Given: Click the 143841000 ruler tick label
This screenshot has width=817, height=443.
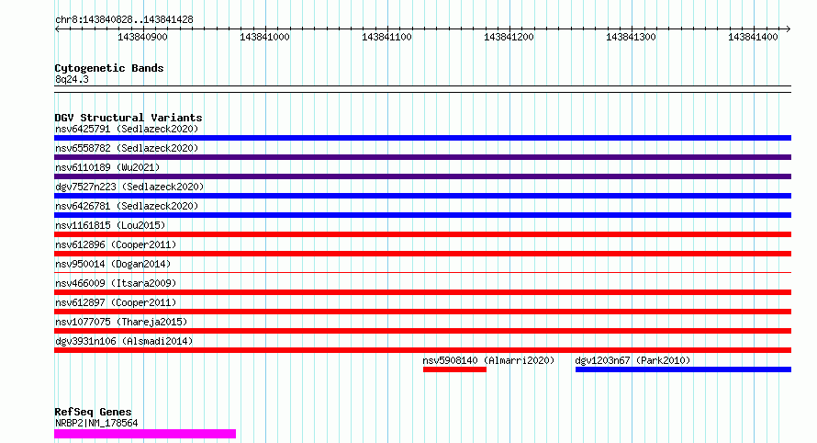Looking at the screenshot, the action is tap(264, 37).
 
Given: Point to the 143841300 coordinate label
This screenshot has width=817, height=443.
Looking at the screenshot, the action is tap(631, 37).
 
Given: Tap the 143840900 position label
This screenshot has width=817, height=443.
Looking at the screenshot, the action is tap(143, 37).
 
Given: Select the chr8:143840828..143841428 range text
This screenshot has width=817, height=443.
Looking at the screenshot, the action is tap(124, 20).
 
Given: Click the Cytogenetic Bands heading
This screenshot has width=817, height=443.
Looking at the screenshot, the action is tap(109, 68).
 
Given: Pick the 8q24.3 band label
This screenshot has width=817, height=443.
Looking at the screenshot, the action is tap(72, 79).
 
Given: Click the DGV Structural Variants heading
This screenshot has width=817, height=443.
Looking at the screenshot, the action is tap(129, 118).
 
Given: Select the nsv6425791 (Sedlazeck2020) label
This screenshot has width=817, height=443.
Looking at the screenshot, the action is tap(127, 129).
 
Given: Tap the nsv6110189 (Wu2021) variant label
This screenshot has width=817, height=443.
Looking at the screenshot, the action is tap(107, 167).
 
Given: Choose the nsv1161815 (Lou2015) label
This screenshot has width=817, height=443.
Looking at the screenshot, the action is tap(110, 225).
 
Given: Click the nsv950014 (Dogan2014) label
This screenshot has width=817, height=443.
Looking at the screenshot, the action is tap(113, 264).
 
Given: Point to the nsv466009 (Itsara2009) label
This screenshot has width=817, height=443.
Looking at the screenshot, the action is tap(116, 283).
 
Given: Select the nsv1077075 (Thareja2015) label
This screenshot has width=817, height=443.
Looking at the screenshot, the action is tap(121, 322).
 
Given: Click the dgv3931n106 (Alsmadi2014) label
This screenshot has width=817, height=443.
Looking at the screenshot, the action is tap(124, 341).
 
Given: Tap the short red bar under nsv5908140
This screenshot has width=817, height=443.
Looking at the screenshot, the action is tap(455, 369).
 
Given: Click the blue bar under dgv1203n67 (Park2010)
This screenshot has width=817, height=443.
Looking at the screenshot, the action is tap(683, 369).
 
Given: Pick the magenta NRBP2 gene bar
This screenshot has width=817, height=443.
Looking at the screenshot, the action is tap(145, 434).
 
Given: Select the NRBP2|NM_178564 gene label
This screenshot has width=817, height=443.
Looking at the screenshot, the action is tap(96, 423).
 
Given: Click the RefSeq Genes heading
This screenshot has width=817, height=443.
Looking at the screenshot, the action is tap(94, 412).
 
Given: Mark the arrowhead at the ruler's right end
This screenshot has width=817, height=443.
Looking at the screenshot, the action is tap(789, 28).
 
